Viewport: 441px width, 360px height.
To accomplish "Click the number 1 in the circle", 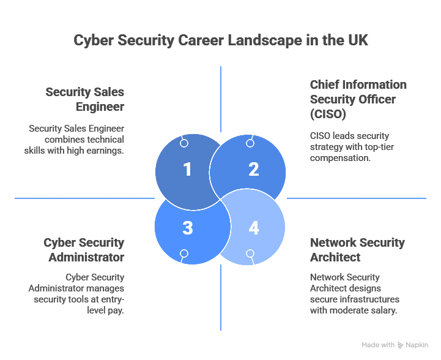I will (x=187, y=169).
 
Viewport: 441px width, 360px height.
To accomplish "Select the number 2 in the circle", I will (x=253, y=169).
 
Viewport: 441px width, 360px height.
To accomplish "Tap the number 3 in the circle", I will (x=187, y=228).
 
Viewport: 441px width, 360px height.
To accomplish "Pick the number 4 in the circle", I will (x=253, y=228).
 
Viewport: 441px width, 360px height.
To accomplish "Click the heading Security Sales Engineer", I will (x=85, y=99).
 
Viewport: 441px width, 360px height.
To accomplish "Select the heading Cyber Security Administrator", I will (x=84, y=249).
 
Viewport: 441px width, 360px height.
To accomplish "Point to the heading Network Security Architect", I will (x=357, y=249).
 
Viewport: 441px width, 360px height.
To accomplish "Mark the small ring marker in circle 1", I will (x=184, y=143).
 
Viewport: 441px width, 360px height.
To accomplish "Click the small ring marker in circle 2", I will (x=250, y=143).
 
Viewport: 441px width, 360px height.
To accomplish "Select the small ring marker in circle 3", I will (x=184, y=253).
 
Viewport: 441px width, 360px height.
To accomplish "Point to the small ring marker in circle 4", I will (x=250, y=253).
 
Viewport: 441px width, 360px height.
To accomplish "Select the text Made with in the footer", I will (x=377, y=345).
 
